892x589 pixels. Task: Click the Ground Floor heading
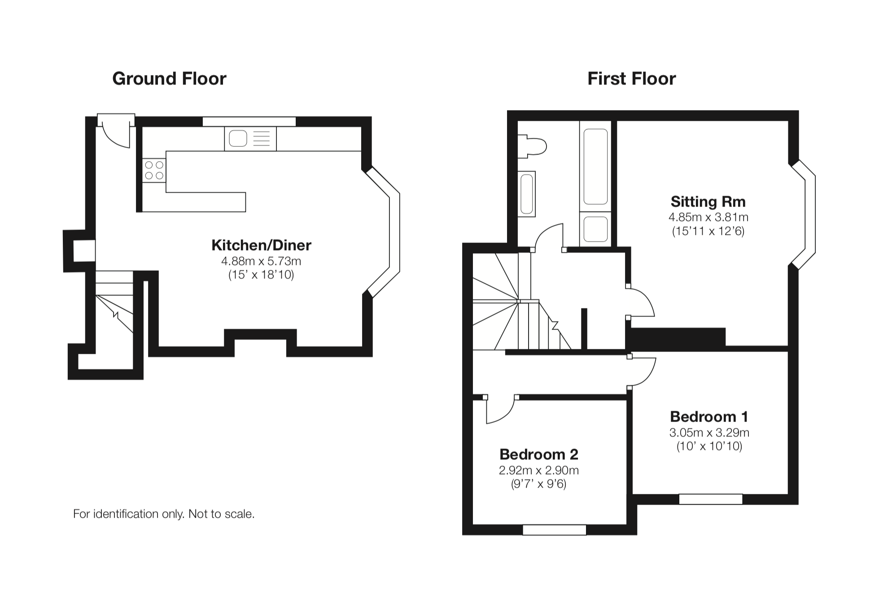[x=169, y=79]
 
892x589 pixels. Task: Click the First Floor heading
[x=631, y=79]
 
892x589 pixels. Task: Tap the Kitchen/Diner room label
[x=261, y=245]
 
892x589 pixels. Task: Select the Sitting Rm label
[x=708, y=201]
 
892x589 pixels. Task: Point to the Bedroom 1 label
[x=709, y=417]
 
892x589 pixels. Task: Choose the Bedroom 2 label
[x=538, y=454]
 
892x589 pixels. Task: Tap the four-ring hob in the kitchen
[x=154, y=171]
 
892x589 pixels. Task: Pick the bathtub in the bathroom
[x=595, y=167]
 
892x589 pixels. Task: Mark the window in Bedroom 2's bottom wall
[x=555, y=530]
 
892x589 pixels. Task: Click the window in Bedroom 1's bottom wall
[x=711, y=499]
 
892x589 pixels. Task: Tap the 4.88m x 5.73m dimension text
[x=261, y=261]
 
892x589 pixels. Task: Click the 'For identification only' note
[x=164, y=514]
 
